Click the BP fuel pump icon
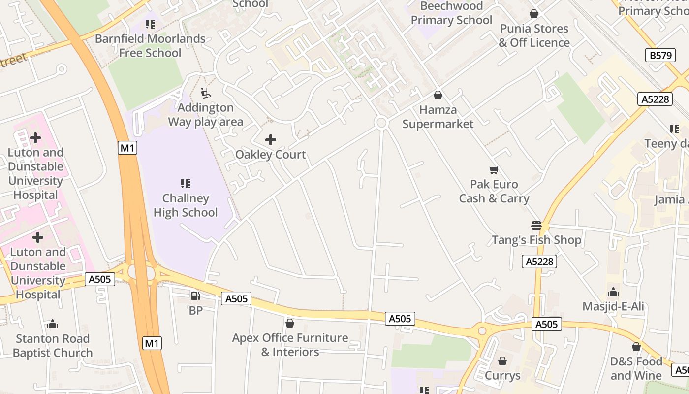click(195, 296)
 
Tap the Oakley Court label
click(270, 154)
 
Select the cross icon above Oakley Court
click(270, 140)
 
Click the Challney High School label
click(186, 205)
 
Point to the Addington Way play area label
click(206, 114)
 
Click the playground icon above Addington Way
click(206, 93)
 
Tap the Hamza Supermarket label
click(438, 117)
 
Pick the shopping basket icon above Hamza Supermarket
click(438, 95)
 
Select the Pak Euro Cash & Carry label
click(494, 191)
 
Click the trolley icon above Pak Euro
click(494, 170)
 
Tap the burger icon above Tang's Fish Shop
click(536, 226)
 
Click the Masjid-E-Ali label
click(613, 306)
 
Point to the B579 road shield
click(660, 55)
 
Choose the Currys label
click(502, 376)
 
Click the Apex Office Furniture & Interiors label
click(290, 345)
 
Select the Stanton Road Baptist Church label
click(53, 345)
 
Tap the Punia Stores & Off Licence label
click(534, 35)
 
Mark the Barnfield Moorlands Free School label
click(150, 45)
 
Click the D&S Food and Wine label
click(636, 368)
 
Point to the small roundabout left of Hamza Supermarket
click(381, 123)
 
